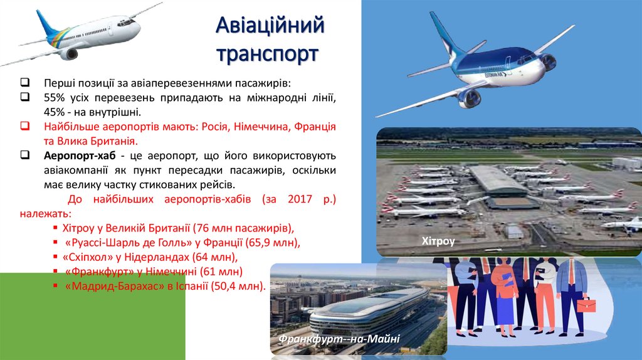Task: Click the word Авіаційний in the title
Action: (270, 26)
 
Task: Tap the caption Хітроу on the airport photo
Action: (438, 241)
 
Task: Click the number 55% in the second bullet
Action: (55, 98)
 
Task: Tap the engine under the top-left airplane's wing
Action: (68, 54)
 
